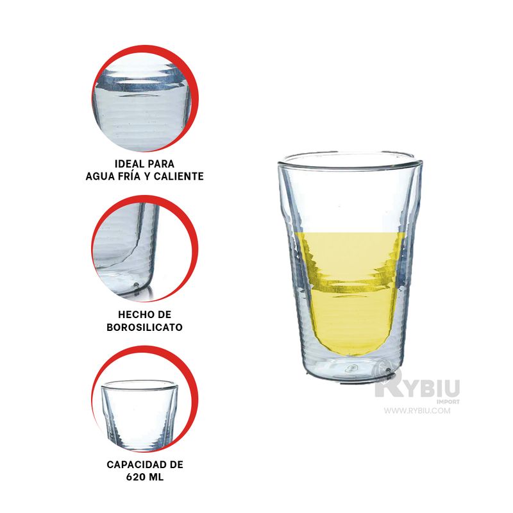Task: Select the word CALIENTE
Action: pos(179,176)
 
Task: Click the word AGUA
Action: pos(98,176)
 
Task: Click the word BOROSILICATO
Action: pos(145,327)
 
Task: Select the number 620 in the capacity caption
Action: pos(135,477)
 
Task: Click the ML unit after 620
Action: pos(156,477)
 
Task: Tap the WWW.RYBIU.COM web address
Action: pos(417,410)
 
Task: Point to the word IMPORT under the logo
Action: pos(448,401)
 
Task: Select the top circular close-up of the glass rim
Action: pos(145,99)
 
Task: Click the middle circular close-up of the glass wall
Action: pos(145,249)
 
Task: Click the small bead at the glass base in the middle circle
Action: pos(136,283)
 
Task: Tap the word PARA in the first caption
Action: pos(162,164)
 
